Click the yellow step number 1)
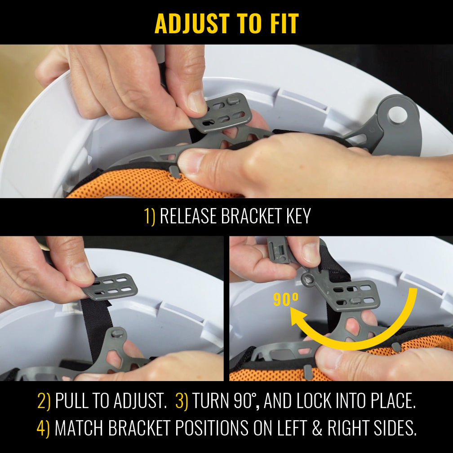pos(150,216)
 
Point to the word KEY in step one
pos(298,216)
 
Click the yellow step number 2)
pos(44,401)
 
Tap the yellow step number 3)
pos(182,401)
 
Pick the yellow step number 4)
pos(43,428)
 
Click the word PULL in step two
pos(71,401)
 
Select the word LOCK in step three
pos(312,401)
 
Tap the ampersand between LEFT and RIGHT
pos(317,428)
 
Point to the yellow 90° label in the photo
pos(286,299)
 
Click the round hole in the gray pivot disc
pos(398,115)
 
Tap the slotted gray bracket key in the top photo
pos(221,113)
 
